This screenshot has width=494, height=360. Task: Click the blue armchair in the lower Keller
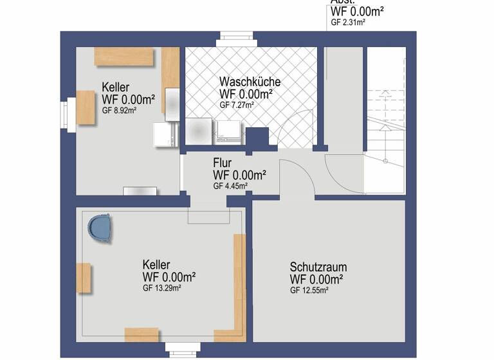point(100,228)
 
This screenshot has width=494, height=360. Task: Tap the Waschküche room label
point(250,82)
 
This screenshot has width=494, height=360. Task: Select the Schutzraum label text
point(318,267)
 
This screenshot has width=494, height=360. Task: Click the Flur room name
point(223,163)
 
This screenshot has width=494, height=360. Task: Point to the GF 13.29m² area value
point(161,289)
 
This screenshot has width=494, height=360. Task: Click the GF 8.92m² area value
point(119,110)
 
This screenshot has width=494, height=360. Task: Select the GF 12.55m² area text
point(309,291)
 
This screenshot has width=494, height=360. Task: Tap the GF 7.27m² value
point(237,105)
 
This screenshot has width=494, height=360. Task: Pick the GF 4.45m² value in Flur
point(230,186)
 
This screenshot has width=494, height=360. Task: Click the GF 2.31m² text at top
point(348,22)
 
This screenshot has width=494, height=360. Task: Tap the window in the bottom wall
point(183,348)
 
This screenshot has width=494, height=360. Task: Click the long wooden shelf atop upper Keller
point(124,56)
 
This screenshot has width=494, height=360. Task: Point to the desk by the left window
point(86,107)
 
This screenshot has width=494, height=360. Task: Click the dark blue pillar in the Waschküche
point(257,138)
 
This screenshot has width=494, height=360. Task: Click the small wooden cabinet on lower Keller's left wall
point(83,278)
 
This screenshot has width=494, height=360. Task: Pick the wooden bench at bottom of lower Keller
point(142,334)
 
